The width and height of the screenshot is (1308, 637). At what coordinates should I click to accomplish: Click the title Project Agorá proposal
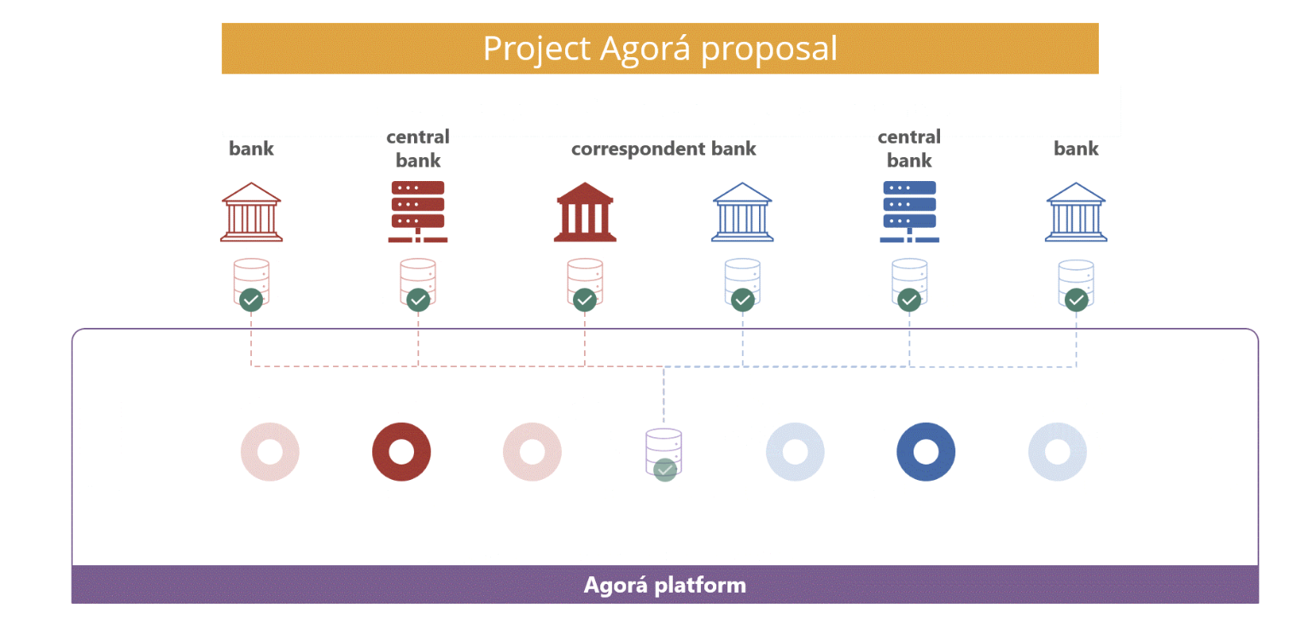(x=660, y=49)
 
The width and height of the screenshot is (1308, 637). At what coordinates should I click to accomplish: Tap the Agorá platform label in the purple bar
(x=664, y=585)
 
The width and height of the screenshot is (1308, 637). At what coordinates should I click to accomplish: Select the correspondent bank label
(x=663, y=149)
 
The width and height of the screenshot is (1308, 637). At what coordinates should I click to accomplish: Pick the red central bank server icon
(x=418, y=211)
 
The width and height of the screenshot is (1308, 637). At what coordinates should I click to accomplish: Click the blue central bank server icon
(x=909, y=211)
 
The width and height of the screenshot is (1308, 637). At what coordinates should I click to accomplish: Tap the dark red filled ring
(x=401, y=451)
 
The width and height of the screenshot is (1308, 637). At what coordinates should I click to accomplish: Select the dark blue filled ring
(x=926, y=451)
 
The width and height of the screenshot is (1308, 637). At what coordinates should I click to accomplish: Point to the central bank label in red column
(x=418, y=149)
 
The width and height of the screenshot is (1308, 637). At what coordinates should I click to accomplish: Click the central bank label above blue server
(x=909, y=149)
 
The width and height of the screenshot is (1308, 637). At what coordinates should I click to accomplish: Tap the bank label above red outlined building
(x=251, y=149)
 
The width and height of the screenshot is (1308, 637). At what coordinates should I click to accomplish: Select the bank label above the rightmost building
(x=1076, y=149)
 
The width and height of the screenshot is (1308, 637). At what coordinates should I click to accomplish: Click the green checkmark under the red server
(x=418, y=300)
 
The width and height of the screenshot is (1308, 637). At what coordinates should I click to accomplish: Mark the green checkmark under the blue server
(x=909, y=300)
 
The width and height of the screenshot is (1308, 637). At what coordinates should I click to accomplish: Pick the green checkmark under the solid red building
(x=585, y=300)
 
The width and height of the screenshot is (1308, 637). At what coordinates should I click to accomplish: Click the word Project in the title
(x=536, y=49)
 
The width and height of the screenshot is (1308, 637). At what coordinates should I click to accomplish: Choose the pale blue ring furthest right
(x=1057, y=451)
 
